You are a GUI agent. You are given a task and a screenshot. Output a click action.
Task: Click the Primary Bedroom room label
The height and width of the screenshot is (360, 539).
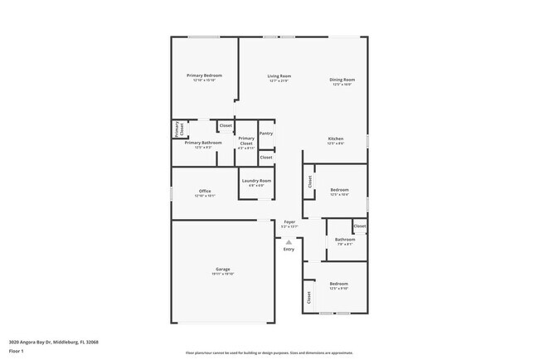click(204, 75)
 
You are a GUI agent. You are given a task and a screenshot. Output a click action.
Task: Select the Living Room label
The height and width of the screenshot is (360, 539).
click(279, 75)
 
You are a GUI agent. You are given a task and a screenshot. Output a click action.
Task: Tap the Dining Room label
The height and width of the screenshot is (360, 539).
click(342, 80)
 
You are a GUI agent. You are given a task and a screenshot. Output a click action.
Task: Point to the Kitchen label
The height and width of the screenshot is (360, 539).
click(336, 139)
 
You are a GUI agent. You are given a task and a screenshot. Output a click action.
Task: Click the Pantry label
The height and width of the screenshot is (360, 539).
click(266, 134)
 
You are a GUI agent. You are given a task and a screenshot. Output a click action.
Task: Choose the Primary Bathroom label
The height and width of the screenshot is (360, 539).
click(203, 143)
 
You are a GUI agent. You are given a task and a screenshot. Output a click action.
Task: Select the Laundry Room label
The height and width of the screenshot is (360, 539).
click(256, 181)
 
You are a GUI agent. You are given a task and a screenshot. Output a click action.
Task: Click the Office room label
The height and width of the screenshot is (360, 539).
click(204, 192)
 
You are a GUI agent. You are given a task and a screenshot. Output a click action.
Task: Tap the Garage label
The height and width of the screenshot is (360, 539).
click(222, 270)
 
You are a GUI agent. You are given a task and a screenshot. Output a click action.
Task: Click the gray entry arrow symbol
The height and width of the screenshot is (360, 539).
click(289, 242)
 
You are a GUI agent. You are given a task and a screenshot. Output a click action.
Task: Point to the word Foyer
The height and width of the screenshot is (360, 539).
click(289, 222)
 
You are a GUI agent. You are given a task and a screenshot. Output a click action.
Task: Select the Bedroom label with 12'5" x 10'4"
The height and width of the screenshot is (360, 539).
click(339, 190)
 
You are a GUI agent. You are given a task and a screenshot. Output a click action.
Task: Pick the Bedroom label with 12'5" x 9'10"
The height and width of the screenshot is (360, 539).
click(339, 285)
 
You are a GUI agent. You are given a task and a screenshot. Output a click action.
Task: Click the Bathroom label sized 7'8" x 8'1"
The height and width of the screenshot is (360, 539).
click(344, 240)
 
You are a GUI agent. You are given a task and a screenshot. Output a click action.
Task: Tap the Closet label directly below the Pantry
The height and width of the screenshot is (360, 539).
click(266, 157)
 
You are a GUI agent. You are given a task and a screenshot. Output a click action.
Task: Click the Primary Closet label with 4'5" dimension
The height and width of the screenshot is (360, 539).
click(246, 141)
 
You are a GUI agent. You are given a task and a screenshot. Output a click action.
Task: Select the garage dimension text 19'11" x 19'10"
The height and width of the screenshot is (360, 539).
click(222, 274)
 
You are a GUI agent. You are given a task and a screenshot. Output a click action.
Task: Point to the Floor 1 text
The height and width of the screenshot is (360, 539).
click(16, 350)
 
